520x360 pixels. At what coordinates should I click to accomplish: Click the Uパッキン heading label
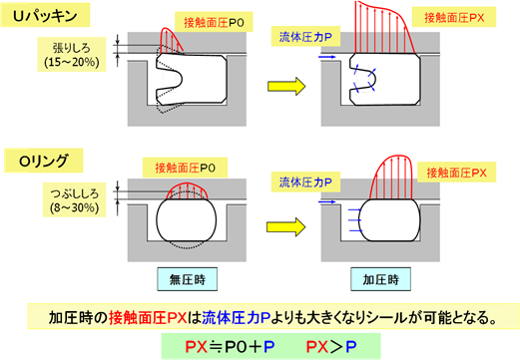click(45, 15)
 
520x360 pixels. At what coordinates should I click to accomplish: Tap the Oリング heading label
click(43, 161)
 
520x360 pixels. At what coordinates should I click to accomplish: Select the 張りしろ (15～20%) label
click(72, 55)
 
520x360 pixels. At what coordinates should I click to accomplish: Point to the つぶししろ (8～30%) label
click(75, 199)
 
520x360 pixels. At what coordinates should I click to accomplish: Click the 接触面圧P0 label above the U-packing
click(214, 22)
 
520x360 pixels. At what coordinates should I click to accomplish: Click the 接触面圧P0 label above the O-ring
click(185, 168)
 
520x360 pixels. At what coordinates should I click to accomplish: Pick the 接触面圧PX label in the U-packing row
click(454, 17)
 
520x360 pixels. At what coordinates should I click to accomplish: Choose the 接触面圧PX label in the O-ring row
click(456, 173)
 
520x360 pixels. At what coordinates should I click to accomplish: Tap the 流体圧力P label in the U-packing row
click(305, 36)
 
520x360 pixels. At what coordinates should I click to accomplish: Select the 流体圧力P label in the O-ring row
click(305, 181)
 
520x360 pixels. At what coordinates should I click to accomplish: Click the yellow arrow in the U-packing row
click(286, 86)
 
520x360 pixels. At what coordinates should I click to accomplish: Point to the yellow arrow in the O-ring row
click(286, 227)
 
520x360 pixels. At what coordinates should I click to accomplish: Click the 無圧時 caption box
click(188, 279)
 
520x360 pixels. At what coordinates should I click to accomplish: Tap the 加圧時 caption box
click(380, 279)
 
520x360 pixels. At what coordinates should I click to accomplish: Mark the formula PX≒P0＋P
click(230, 347)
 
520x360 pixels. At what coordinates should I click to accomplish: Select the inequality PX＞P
click(331, 347)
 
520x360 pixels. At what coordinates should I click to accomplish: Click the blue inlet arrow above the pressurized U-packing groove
click(327, 57)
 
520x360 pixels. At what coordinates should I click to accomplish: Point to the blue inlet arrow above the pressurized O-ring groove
click(327, 201)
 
